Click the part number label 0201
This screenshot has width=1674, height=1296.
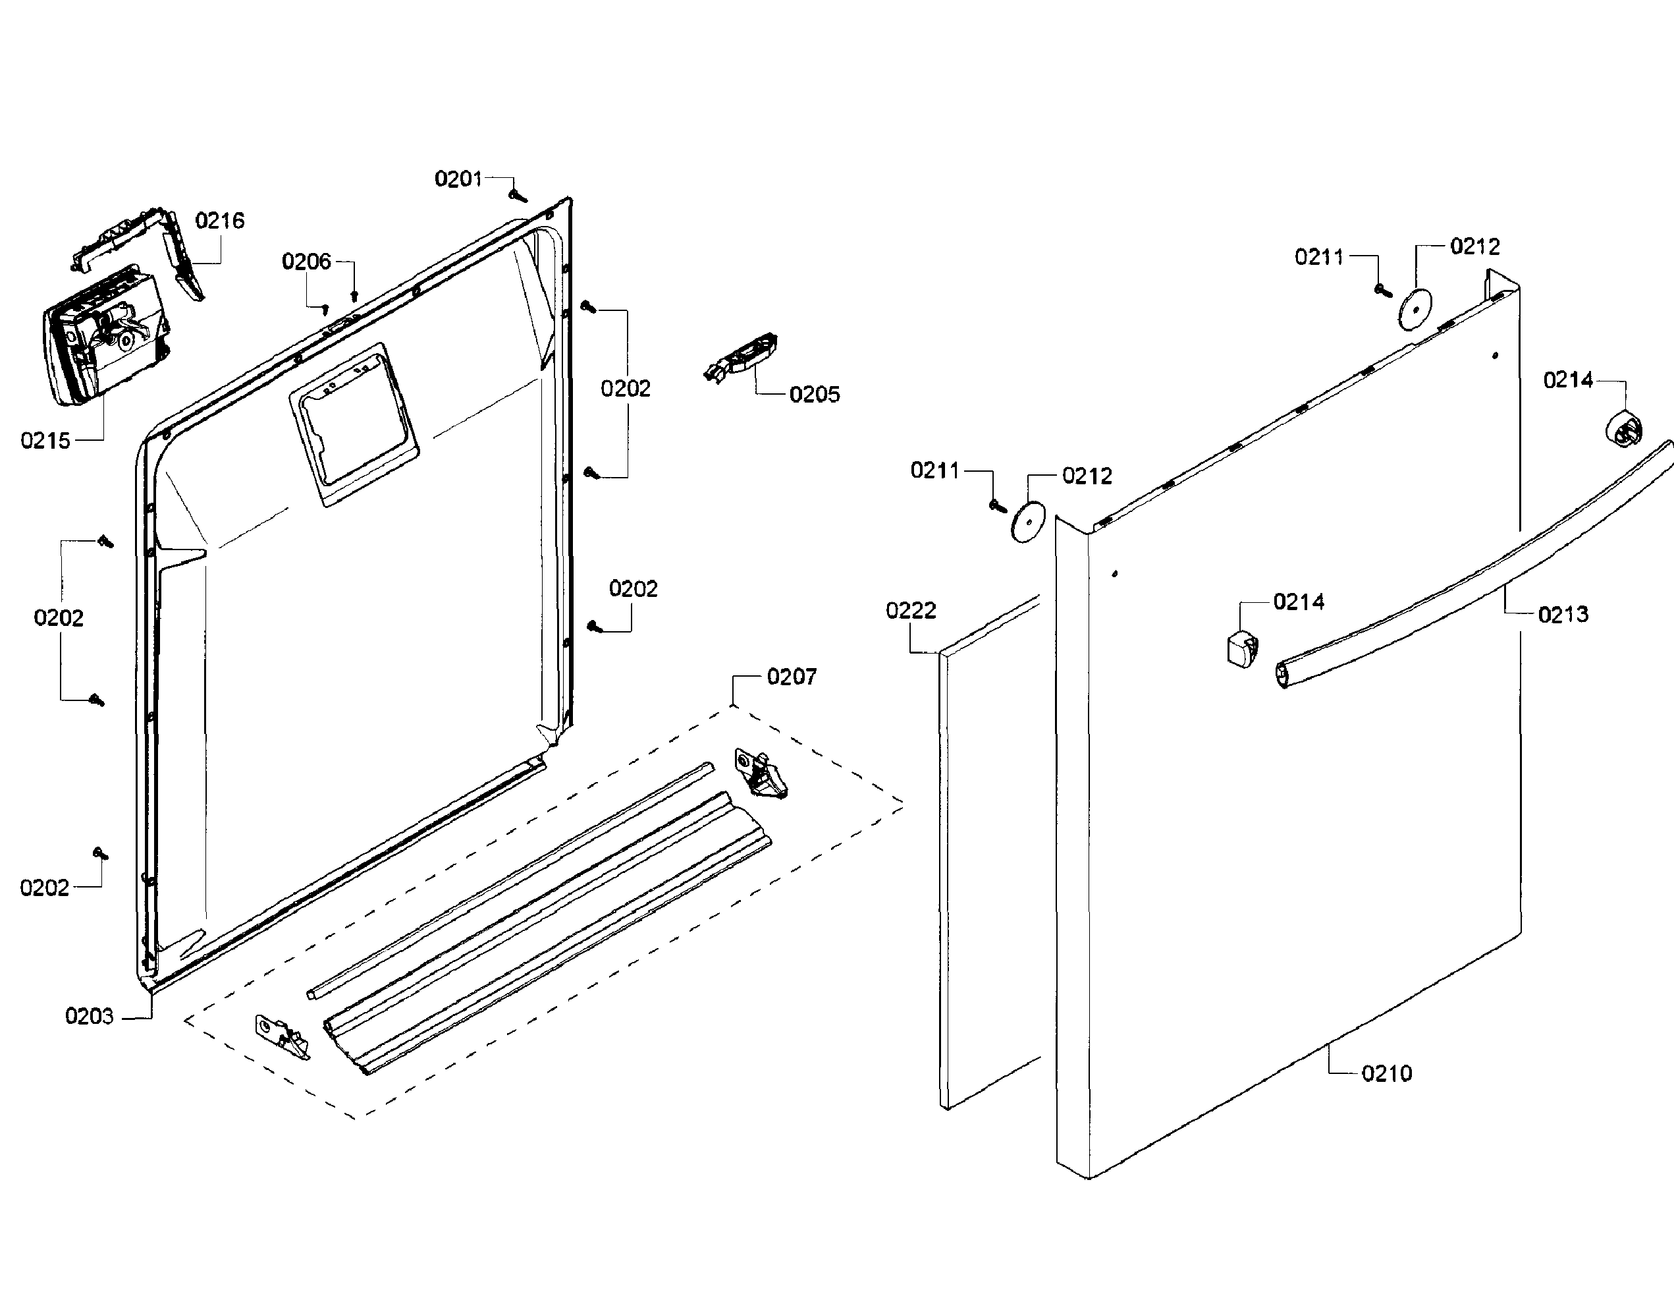click(x=458, y=179)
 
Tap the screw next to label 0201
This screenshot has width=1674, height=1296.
click(x=518, y=196)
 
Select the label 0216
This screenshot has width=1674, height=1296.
click(x=220, y=221)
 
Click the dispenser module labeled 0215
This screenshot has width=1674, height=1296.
click(x=103, y=336)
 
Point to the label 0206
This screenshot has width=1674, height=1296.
click(x=307, y=262)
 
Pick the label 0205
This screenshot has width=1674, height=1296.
click(x=814, y=395)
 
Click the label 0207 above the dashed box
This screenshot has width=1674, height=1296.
click(x=791, y=677)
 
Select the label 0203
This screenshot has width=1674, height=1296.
click(x=89, y=1016)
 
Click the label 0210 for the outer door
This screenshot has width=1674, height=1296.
click(x=1387, y=1073)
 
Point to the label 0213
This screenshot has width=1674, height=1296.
click(x=1563, y=614)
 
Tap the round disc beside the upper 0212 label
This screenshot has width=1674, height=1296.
click(x=1416, y=309)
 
